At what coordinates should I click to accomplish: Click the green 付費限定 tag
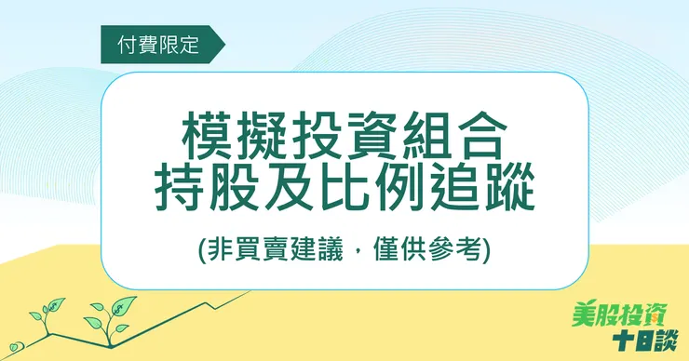[160, 45]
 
